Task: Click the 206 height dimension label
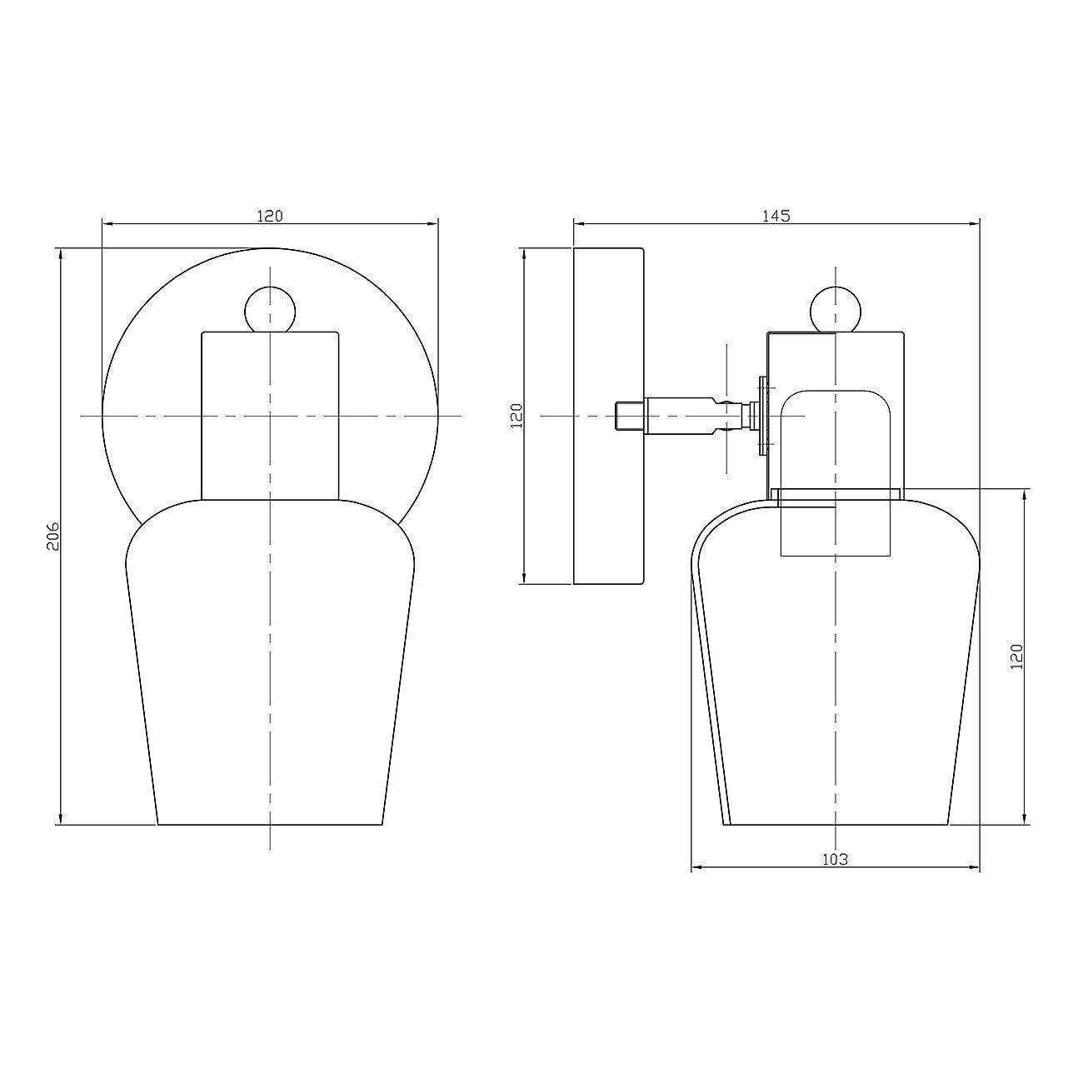pyautogui.click(x=52, y=537)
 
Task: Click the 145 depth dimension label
pyautogui.click(x=776, y=216)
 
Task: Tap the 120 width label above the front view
pyautogui.click(x=270, y=216)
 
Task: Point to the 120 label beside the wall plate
pyautogui.click(x=517, y=416)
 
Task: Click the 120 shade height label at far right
pyautogui.click(x=1017, y=656)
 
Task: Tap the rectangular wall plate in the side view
pyautogui.click(x=609, y=416)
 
